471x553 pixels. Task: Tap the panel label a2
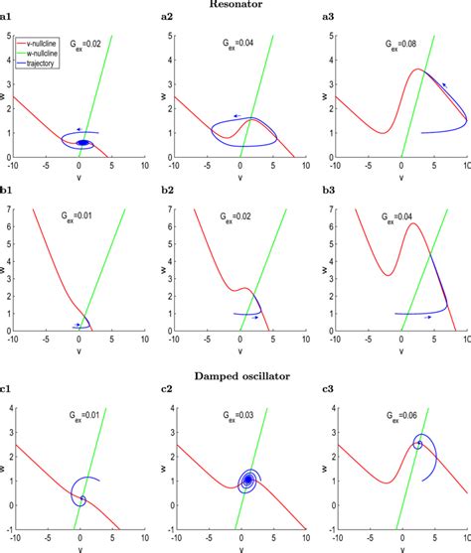[167, 19]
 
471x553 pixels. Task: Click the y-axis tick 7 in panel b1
[20, 210]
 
